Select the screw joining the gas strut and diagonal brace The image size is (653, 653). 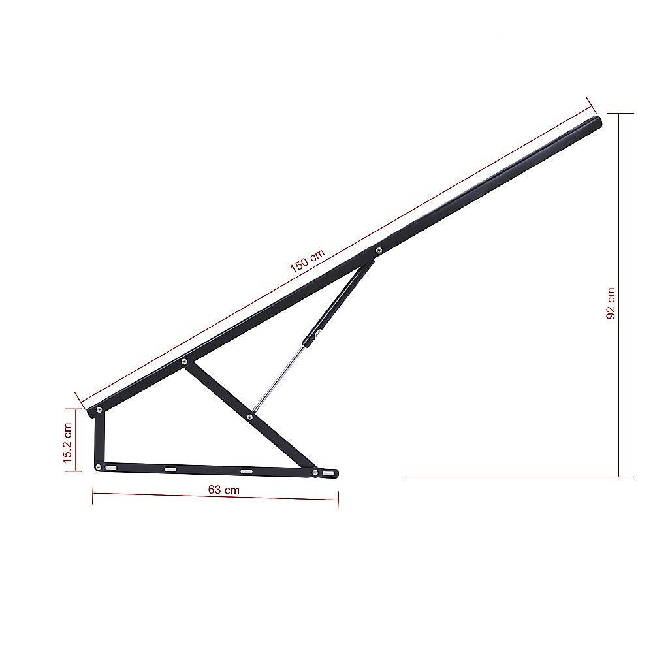[x=251, y=413]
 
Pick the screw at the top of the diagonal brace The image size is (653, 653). [x=185, y=361]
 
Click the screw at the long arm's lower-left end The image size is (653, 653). [x=99, y=410]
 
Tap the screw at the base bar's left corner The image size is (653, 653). [x=99, y=466]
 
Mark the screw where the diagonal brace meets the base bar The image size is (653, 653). [x=315, y=472]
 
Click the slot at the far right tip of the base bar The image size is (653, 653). [x=329, y=472]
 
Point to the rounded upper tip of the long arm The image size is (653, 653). [x=596, y=121]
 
